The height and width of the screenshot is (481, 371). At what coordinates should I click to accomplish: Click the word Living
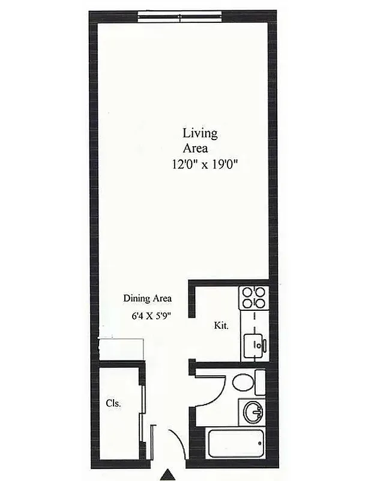[200, 133]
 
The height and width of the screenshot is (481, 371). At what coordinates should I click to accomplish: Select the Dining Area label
[148, 298]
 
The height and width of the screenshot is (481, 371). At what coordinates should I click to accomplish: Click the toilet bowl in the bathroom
[243, 382]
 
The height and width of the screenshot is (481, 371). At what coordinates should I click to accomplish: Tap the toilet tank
[260, 382]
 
